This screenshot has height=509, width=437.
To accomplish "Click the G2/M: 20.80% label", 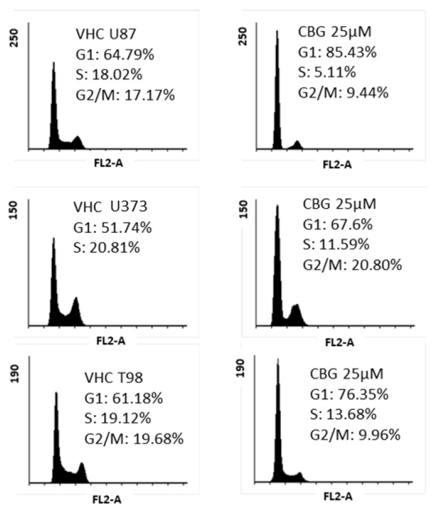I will point(352,264).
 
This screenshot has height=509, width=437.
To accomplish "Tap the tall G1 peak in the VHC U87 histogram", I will point(54,105).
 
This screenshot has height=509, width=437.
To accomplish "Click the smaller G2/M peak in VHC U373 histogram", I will point(76,310).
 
